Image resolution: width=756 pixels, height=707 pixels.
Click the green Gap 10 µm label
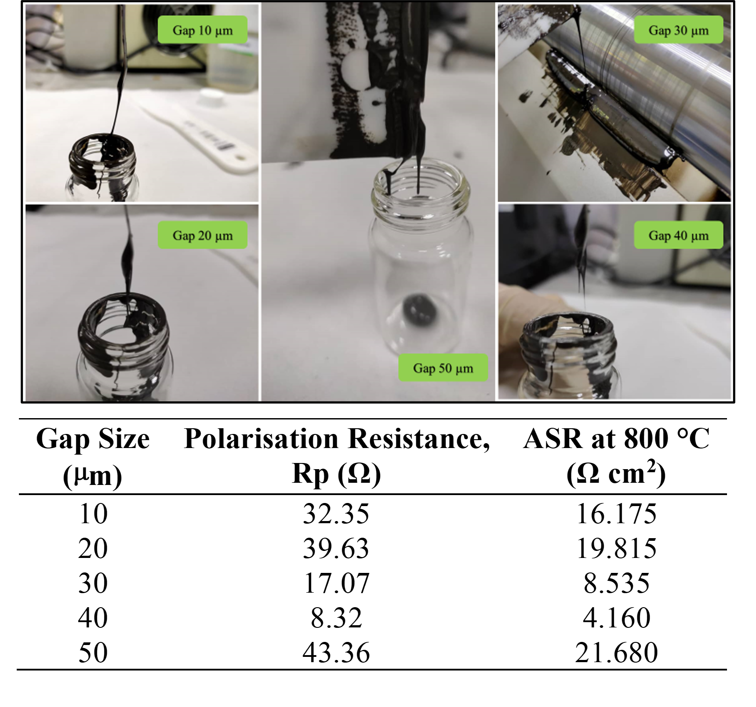(202, 30)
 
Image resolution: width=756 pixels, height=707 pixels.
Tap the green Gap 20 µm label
(202, 235)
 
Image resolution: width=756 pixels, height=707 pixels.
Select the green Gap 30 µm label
(678, 30)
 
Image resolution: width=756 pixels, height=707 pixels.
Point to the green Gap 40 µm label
(678, 235)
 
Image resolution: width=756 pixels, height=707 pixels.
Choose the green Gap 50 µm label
(443, 368)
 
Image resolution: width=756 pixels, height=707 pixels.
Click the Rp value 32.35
(336, 514)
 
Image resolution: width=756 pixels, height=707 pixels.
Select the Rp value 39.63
(336, 548)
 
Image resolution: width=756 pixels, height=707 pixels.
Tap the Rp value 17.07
(336, 583)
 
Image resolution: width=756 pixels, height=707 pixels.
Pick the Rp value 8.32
(336, 617)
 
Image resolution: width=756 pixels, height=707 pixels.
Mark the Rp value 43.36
(336, 652)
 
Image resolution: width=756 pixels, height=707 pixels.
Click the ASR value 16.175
(617, 514)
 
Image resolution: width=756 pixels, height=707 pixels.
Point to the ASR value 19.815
(617, 548)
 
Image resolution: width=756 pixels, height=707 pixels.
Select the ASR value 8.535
(617, 583)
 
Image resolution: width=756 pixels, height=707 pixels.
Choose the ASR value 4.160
(617, 617)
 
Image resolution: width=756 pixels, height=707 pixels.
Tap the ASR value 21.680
(617, 652)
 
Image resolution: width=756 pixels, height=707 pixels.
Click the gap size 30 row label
(93, 583)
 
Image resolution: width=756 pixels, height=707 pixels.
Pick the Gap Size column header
(93, 457)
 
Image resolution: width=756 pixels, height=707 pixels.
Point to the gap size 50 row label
(93, 652)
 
